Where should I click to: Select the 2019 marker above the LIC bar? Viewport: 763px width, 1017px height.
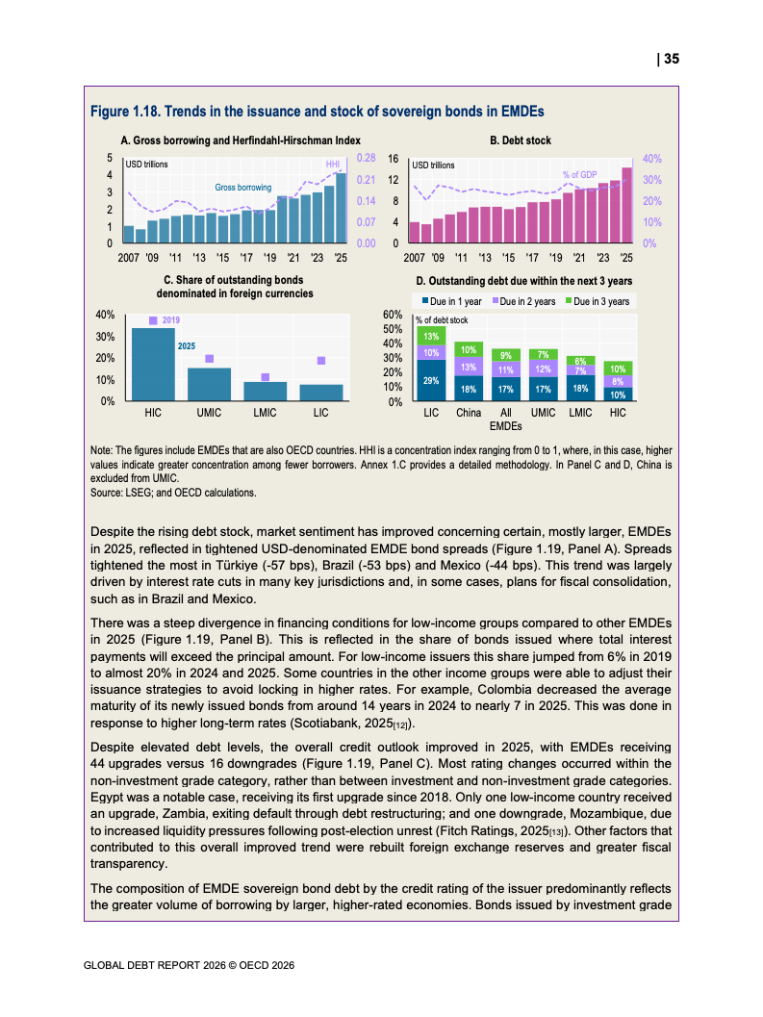point(321,360)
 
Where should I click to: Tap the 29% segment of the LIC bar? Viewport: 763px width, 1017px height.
point(431,381)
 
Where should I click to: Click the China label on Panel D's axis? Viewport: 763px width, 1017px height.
point(469,413)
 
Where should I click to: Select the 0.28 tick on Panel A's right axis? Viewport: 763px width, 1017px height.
point(366,157)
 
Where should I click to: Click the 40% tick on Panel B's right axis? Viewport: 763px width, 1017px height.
point(651,159)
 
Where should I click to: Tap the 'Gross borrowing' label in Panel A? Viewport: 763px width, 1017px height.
point(242,188)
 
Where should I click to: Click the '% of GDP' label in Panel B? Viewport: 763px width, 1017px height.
point(580,174)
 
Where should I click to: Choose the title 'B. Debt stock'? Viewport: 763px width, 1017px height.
point(520,140)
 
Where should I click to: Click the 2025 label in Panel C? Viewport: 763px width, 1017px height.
point(188,343)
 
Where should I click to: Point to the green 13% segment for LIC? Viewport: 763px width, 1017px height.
point(431,336)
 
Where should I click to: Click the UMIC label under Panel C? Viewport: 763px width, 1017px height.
point(209,413)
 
